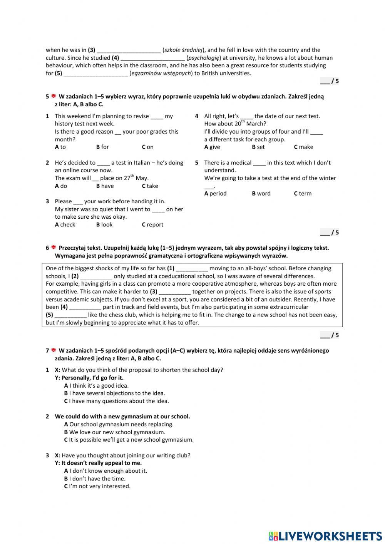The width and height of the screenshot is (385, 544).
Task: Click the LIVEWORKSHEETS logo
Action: click(x=325, y=536)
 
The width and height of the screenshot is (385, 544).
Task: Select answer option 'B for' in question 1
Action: click(x=102, y=147)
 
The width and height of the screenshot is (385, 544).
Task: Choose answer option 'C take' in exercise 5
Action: click(x=150, y=186)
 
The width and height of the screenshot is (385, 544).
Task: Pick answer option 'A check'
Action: click(x=65, y=225)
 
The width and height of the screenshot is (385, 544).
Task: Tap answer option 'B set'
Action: click(x=258, y=147)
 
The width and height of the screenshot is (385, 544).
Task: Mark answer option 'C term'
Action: click(x=303, y=194)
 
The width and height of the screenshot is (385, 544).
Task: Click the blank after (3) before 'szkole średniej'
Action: click(x=129, y=50)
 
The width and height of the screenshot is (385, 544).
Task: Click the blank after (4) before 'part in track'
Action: click(x=85, y=308)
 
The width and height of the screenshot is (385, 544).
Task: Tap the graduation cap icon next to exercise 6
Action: click(x=54, y=248)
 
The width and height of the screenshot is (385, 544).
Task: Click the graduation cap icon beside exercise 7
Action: click(x=54, y=350)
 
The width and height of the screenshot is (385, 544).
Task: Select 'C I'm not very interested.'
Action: click(x=97, y=487)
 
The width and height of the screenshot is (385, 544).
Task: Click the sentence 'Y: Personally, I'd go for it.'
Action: click(x=89, y=378)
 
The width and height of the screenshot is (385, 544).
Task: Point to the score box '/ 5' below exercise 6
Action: click(x=330, y=335)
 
